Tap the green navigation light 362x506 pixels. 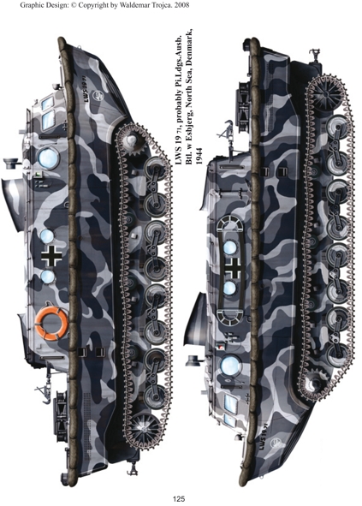pos(39,175)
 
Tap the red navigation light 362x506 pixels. pos(221,348)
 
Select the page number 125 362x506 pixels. pos(178,499)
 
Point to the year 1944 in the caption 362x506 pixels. pos(199,158)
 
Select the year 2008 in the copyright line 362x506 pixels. pos(182,5)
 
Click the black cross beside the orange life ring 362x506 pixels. pos(51,256)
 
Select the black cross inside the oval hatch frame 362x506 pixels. pos(233,267)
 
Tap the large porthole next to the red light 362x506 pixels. pos(231,366)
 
